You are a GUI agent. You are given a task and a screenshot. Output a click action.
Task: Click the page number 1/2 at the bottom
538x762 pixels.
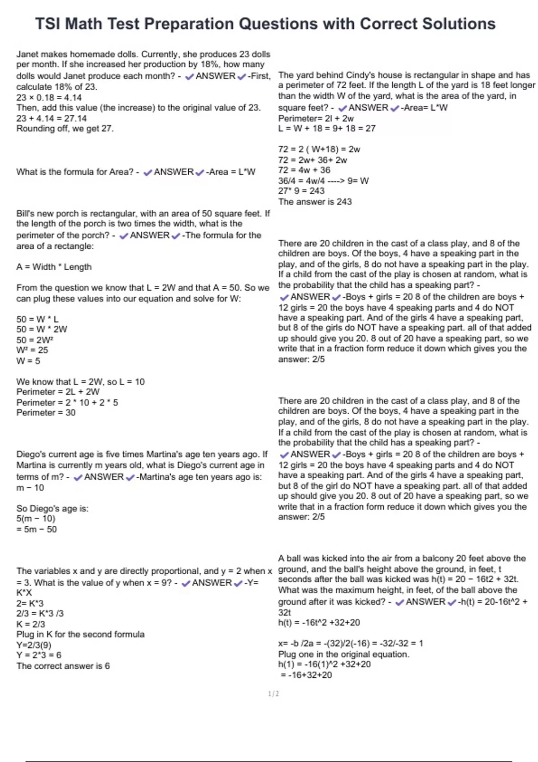(x=273, y=693)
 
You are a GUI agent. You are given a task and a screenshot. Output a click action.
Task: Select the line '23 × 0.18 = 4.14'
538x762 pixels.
(x=49, y=97)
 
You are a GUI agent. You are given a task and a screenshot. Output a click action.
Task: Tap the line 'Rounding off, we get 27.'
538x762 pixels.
(x=65, y=129)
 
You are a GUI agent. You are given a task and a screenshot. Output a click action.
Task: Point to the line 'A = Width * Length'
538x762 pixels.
(x=54, y=267)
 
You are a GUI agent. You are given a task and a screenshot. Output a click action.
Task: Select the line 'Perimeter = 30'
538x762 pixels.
(x=46, y=412)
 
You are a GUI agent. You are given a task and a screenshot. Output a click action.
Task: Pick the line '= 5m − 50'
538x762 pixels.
(x=37, y=529)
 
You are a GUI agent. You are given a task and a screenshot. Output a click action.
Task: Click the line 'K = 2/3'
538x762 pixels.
(x=30, y=624)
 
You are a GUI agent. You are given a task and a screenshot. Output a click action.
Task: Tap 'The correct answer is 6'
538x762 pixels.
(x=63, y=666)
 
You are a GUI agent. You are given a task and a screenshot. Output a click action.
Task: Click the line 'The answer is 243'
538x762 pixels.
(x=315, y=202)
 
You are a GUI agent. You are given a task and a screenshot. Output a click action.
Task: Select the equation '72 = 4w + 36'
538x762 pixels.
(x=304, y=170)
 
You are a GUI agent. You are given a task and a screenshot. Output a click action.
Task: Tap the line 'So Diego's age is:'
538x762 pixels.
(x=52, y=508)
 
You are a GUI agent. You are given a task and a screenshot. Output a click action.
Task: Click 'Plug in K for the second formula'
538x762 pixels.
(x=80, y=634)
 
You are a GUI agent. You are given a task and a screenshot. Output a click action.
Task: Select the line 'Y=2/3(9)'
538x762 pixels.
(x=34, y=645)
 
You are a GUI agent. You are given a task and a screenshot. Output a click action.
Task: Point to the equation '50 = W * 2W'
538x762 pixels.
(x=42, y=329)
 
